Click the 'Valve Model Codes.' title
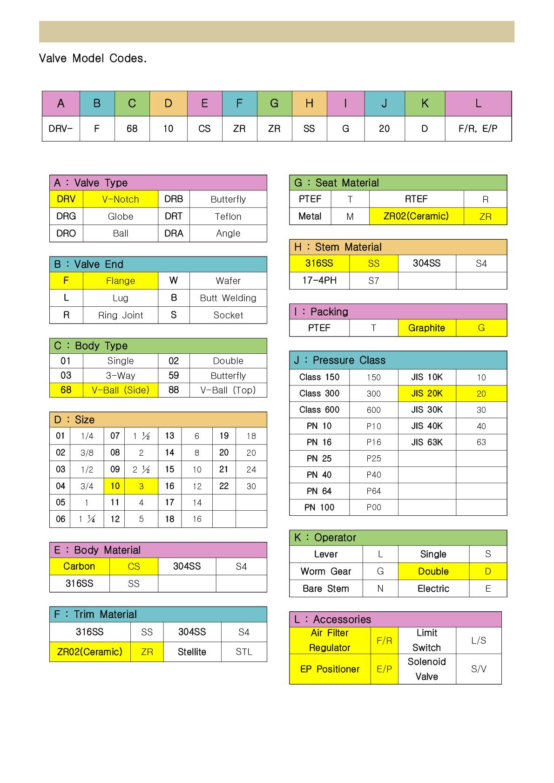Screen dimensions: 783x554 click(93, 58)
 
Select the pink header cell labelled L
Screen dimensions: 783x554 click(478, 103)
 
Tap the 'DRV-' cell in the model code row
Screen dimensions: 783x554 click(61, 128)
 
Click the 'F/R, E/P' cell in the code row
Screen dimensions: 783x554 click(478, 128)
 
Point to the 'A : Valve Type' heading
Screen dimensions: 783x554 click(91, 182)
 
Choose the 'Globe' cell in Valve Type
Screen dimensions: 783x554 click(120, 216)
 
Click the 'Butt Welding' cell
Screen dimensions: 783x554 click(228, 298)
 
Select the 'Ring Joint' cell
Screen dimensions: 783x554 click(120, 315)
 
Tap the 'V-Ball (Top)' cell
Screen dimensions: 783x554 click(228, 390)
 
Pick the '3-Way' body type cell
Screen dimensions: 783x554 click(120, 376)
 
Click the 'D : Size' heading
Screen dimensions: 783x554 click(74, 419)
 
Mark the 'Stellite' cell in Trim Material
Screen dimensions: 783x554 click(192, 652)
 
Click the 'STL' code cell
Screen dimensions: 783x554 click(244, 652)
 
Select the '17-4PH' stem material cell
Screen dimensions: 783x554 click(319, 280)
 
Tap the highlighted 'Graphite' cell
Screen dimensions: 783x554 click(426, 328)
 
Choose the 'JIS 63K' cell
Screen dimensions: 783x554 click(426, 442)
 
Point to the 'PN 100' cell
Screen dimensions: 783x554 click(319, 507)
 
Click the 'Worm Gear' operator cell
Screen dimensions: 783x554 click(325, 571)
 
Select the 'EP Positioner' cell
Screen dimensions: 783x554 click(330, 669)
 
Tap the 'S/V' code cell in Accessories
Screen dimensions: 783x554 click(478, 669)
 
